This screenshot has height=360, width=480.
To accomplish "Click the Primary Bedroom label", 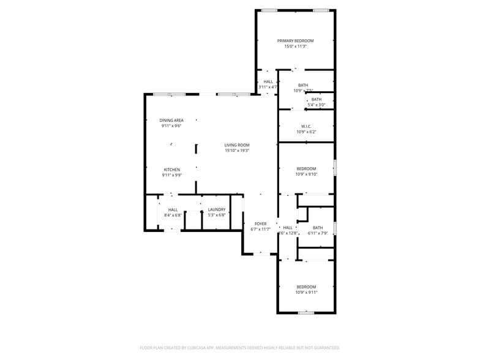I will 294,41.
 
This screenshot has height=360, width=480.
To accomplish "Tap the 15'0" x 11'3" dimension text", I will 294,47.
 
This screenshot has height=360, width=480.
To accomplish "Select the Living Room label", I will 237,145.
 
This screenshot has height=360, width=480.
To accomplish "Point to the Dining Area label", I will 171,121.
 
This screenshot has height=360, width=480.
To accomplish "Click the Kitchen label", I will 171,170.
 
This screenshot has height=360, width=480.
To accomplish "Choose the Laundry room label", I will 217,209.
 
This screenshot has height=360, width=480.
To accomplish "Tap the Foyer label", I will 260,224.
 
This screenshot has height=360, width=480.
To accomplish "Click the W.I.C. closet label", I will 306,126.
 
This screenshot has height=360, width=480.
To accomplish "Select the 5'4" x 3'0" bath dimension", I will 316,105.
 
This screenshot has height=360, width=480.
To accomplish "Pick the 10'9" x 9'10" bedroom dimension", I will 306,174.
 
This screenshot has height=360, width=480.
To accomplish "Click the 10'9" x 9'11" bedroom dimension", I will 306,292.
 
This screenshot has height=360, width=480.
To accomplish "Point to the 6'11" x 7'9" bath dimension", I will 318,233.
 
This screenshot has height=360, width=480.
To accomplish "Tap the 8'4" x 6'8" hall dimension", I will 173,215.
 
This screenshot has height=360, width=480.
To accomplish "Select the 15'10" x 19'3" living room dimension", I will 237,151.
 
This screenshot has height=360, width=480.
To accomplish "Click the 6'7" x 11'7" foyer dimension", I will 260,230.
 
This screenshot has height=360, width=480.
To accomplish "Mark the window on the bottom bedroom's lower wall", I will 306,313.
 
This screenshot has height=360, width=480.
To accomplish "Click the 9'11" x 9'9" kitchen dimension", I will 171,175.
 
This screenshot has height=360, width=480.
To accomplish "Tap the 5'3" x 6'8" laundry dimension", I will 217,215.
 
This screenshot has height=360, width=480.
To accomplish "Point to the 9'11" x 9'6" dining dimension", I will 171,126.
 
